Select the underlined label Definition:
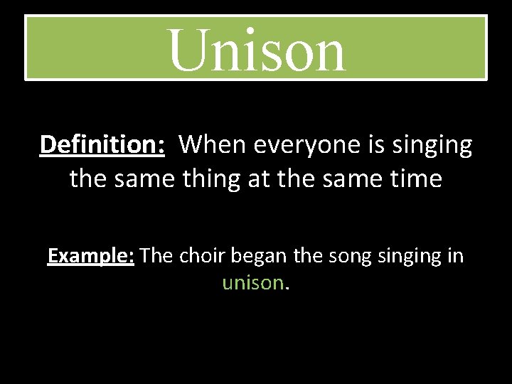[x=102, y=145]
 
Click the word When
[x=210, y=145]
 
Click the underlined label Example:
[x=91, y=256]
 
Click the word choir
[x=201, y=255]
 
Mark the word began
[x=258, y=256]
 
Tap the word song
[x=348, y=256]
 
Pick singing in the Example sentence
[x=409, y=256]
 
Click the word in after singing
[x=456, y=255]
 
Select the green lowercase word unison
[x=253, y=283]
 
